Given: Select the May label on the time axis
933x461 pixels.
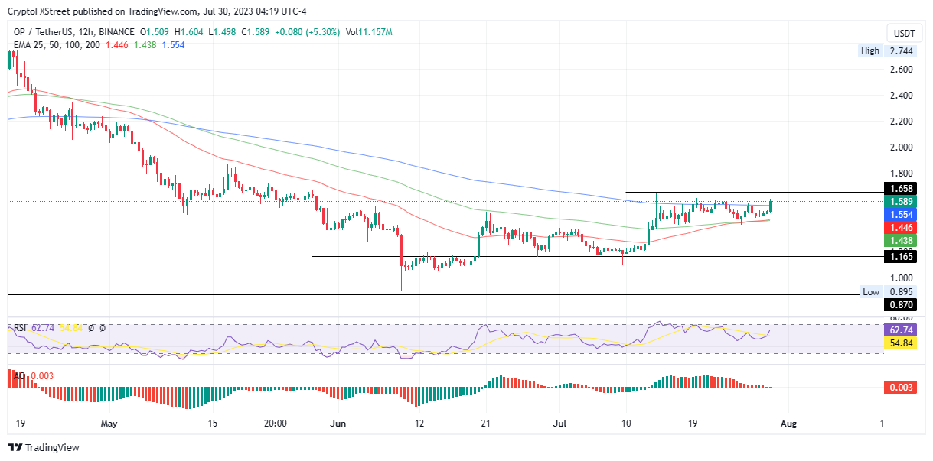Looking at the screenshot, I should click(x=109, y=423).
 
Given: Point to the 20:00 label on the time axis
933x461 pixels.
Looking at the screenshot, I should click(x=275, y=423).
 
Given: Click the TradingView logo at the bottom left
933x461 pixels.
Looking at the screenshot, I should click(x=44, y=447).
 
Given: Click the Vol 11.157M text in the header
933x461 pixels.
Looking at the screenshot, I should click(x=369, y=32).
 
